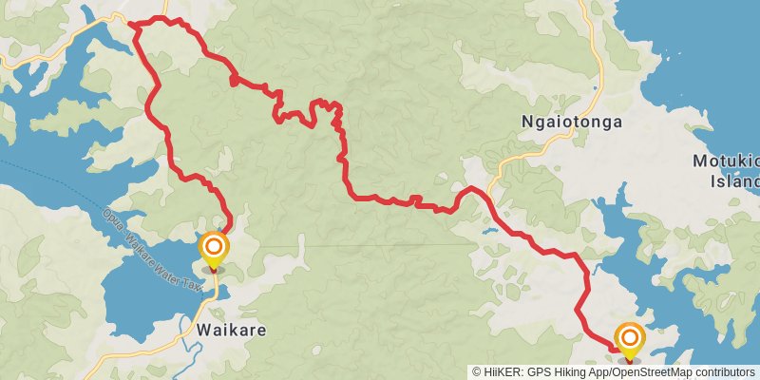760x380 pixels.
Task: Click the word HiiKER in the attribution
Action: click(x=504, y=371)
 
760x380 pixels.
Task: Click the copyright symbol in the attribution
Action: click(x=477, y=371)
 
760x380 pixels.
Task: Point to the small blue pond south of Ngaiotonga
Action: click(x=488, y=230)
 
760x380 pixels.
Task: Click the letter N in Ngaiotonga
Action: click(x=528, y=123)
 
